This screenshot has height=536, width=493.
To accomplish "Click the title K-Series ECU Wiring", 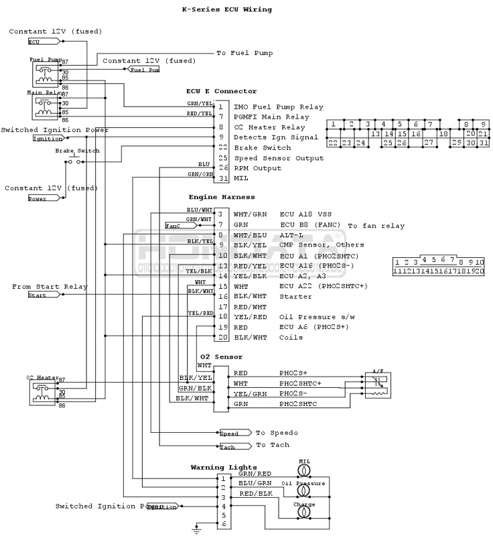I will point(227,10).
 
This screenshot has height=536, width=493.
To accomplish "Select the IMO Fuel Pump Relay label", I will point(278,107).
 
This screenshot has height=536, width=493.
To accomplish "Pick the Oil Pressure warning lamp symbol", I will point(303,492).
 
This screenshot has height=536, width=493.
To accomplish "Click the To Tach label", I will point(273,445).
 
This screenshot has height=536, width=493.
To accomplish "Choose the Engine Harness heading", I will point(222,198).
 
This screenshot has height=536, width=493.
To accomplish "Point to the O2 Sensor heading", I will point(221,357).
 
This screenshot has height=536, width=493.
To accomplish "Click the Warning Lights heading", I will point(224,467).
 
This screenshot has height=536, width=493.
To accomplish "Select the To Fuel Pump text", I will point(244,53).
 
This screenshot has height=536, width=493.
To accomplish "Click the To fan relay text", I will point(376,226).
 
